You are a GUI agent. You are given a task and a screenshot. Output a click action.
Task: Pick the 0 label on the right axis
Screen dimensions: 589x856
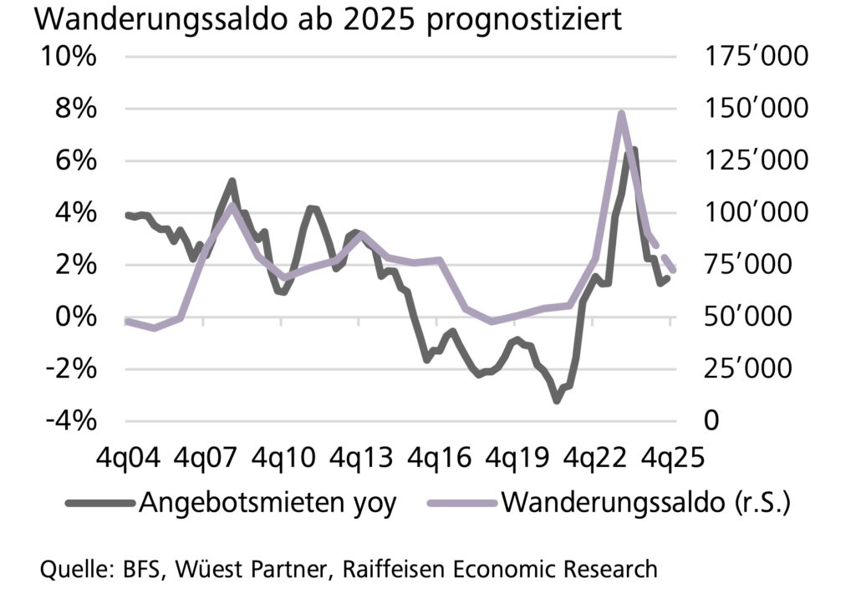click(x=711, y=420)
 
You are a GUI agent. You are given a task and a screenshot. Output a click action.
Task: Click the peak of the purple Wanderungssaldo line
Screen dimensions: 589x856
click(x=621, y=113)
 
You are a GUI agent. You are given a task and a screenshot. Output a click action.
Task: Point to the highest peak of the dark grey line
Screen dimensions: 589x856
click(x=634, y=150)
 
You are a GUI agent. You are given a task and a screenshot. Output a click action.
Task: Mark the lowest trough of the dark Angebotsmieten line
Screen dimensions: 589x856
click(x=557, y=400)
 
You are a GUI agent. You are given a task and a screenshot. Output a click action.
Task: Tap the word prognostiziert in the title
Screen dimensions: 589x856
click(x=525, y=21)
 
